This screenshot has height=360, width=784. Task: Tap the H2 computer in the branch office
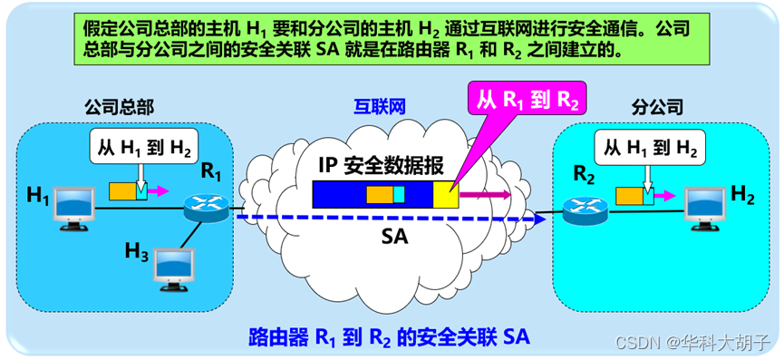(x=705, y=209)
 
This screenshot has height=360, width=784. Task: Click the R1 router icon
(x=206, y=208)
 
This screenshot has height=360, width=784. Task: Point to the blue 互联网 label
(x=380, y=106)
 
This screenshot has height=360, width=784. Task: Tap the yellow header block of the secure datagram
(x=446, y=195)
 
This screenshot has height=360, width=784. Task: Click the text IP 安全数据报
(x=381, y=166)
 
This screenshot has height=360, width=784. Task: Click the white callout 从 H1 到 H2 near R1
(x=141, y=147)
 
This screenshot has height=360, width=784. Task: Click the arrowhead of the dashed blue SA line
(x=539, y=218)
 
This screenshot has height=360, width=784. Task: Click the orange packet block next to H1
(x=122, y=190)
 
